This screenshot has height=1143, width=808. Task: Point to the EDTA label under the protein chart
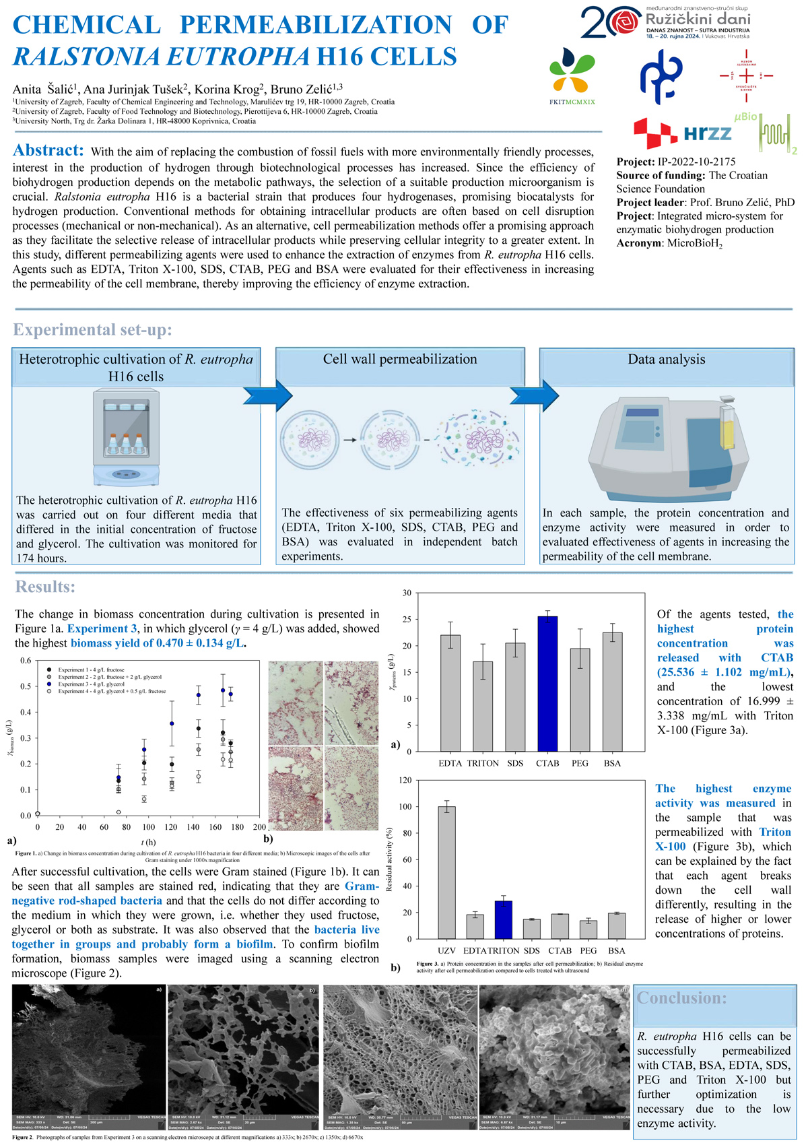tap(450, 763)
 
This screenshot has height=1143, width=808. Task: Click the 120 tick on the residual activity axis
tap(405, 781)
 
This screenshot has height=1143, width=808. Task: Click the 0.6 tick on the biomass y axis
tap(25, 661)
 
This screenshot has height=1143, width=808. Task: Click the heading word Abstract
tap(48, 150)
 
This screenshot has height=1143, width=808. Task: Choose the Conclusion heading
tap(681, 998)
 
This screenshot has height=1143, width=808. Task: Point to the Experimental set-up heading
tap(93, 329)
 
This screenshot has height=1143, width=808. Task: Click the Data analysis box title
tap(666, 359)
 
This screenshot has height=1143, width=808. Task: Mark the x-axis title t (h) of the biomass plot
tap(148, 842)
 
